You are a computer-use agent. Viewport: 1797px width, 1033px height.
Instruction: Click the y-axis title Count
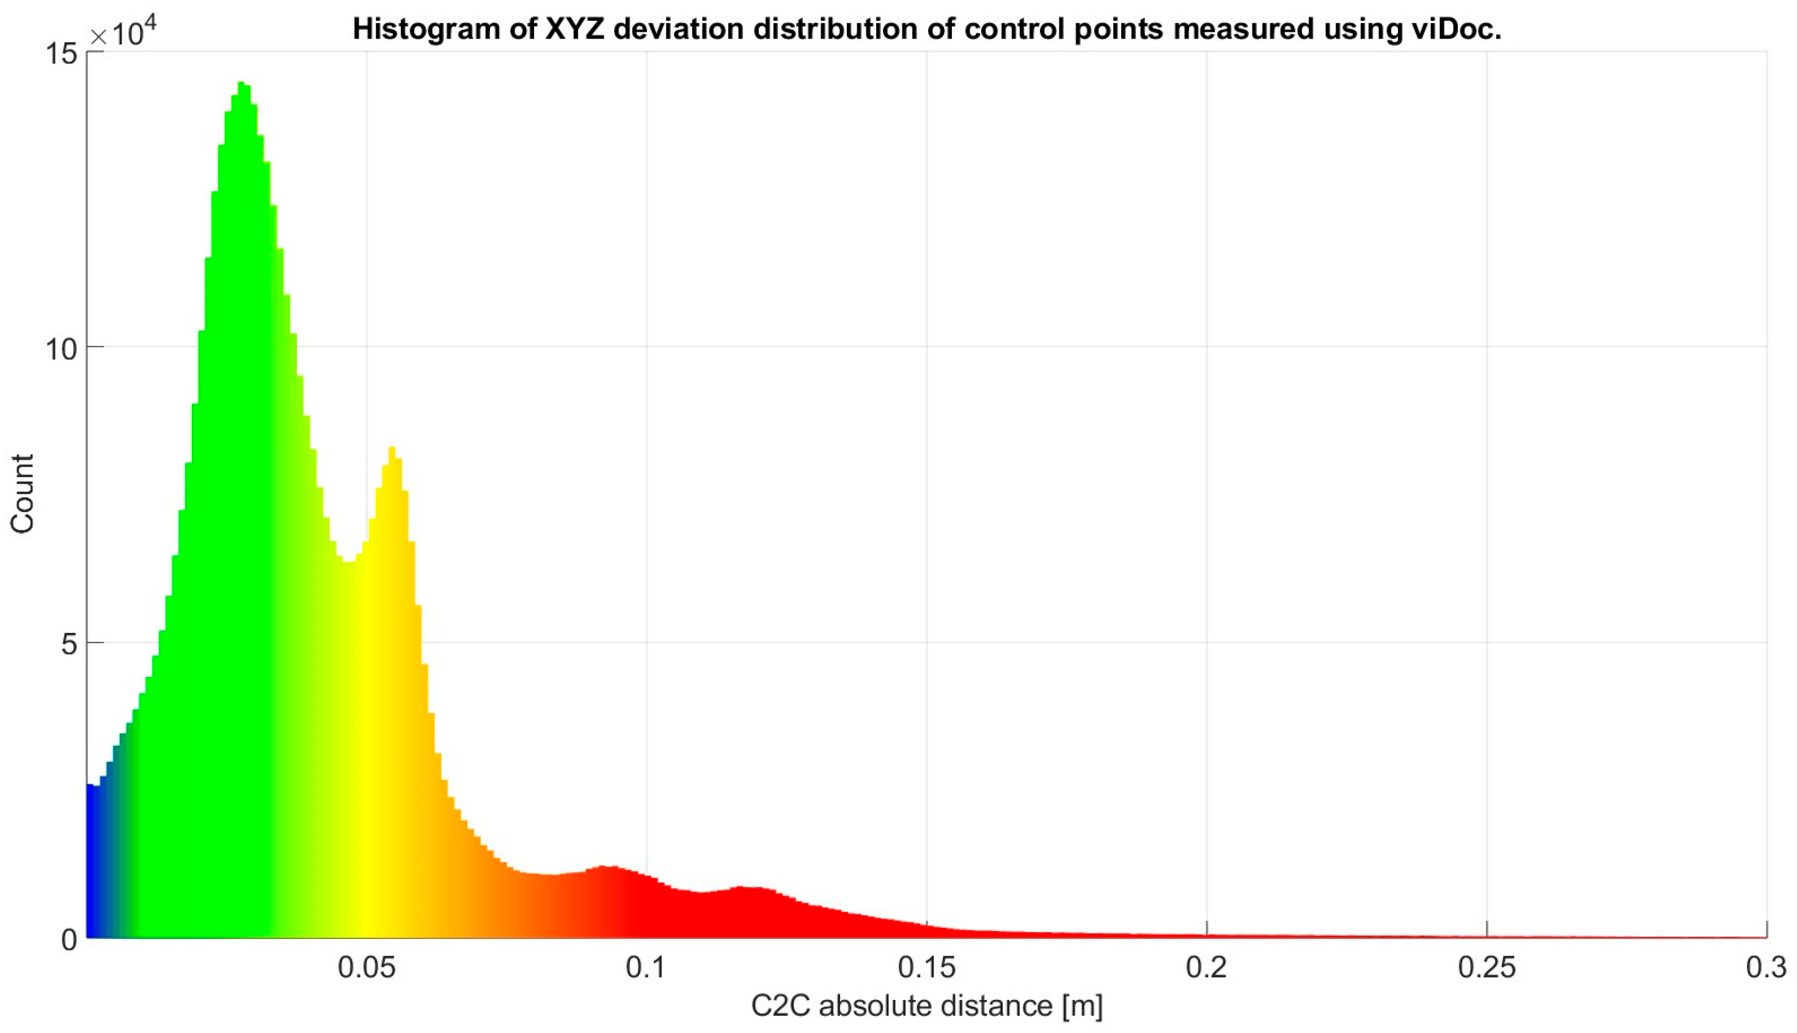(x=22, y=494)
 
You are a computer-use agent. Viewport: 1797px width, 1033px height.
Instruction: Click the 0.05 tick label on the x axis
(x=367, y=967)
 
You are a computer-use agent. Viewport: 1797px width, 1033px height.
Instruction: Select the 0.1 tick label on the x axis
(x=646, y=967)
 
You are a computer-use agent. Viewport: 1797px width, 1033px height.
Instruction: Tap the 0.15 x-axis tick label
(x=926, y=967)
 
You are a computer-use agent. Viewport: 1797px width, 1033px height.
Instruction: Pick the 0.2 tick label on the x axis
(x=1207, y=967)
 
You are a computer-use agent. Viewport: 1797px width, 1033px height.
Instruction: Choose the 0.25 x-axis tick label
(x=1487, y=967)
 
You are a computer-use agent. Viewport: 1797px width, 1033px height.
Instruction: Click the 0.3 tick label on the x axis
(x=1766, y=967)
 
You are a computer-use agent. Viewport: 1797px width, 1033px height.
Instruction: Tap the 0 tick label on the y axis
(x=69, y=940)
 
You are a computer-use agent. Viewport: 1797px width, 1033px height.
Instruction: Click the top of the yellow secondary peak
(x=392, y=447)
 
